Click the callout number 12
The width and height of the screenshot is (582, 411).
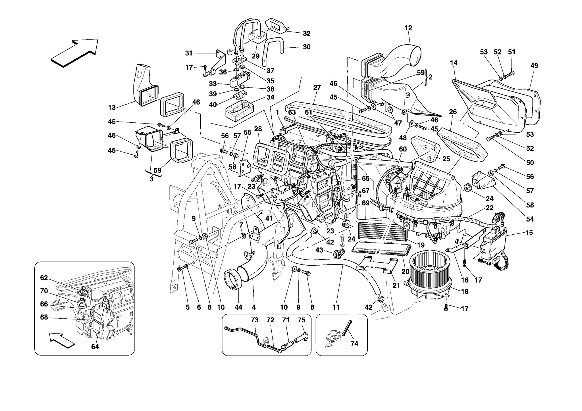[x=408, y=28]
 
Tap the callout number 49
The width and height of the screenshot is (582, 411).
[x=534, y=66]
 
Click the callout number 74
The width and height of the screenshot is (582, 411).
[x=354, y=344]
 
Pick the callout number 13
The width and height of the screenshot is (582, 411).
[x=112, y=107]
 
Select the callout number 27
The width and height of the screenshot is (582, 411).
[x=317, y=87]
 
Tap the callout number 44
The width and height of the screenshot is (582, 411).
[x=238, y=307]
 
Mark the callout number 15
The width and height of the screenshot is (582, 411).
[x=529, y=233]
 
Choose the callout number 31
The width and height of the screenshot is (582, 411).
[x=189, y=53]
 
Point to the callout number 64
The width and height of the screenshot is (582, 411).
[x=95, y=347]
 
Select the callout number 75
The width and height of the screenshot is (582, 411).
[x=302, y=320]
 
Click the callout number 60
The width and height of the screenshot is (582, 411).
[x=403, y=149]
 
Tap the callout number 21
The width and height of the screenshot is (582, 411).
[x=396, y=285]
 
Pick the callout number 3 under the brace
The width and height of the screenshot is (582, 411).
[x=151, y=179]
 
